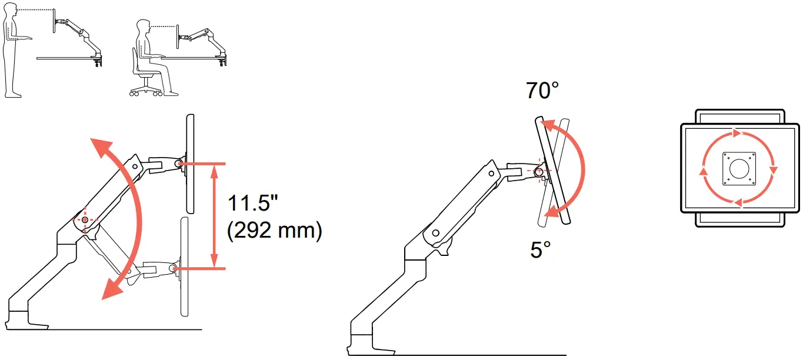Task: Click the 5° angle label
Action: tap(540, 250)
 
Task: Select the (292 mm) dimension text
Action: tap(274, 231)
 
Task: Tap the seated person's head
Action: tap(142, 27)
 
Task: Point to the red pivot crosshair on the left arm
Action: tap(85, 219)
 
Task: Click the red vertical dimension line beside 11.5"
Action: tap(215, 215)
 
